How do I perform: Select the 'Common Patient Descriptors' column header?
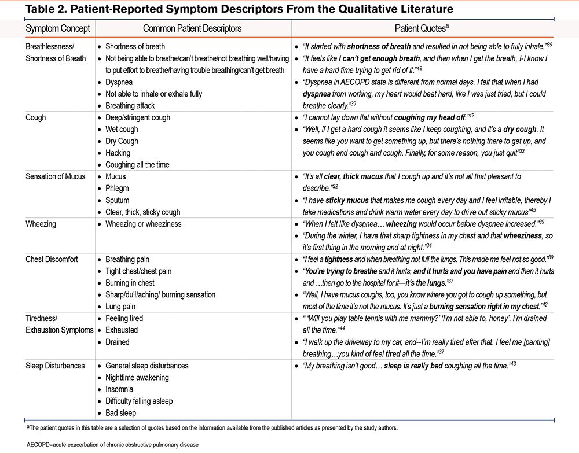192,28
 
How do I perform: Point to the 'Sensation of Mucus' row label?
56,176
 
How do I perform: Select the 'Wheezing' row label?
42,224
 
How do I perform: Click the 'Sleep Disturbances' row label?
55,366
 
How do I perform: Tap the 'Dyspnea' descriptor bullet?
120,82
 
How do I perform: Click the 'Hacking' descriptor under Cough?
118,153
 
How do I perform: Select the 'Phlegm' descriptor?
118,189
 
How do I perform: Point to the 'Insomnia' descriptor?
119,389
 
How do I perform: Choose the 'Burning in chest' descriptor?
130,283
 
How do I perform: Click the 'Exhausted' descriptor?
122,330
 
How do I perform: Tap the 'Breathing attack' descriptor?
130,106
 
